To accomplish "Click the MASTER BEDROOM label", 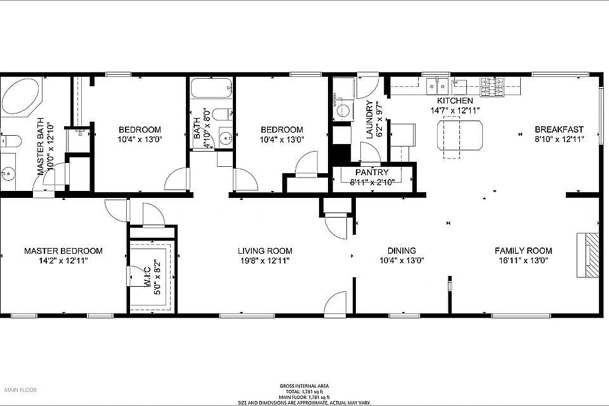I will pos(63,251).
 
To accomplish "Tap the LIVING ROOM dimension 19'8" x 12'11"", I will pos(265,261).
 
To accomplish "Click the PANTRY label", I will pos(372,173).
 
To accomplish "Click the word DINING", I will pos(402,251).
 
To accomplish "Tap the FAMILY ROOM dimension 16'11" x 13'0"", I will pos(523,261).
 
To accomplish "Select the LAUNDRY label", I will pos(371,121).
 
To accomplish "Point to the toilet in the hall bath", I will pos(219,115).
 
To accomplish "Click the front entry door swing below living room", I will pos(336,304).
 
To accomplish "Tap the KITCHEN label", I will pos(454,101).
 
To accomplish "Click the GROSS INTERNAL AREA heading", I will pos(305,386).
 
